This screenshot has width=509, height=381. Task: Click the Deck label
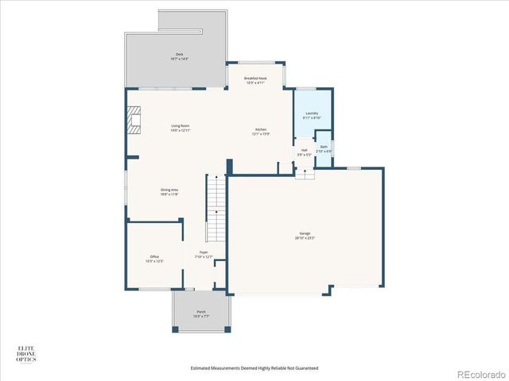click(180, 54)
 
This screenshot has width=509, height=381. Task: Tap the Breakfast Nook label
click(255, 79)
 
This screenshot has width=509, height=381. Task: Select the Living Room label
click(180, 126)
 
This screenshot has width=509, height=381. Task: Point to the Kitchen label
click(261, 129)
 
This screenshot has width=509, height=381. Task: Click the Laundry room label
click(312, 114)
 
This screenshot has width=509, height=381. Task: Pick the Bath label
click(324, 147)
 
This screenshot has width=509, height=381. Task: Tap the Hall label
click(304, 149)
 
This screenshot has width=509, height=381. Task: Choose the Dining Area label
click(169, 190)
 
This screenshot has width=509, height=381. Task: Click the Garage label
click(305, 233)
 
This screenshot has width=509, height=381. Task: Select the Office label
click(154, 256)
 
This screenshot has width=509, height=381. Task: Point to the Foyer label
click(204, 254)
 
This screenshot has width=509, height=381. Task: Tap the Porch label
click(201, 312)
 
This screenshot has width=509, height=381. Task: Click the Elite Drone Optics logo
click(28, 354)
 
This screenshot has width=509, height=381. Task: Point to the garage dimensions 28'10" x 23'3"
click(305, 237)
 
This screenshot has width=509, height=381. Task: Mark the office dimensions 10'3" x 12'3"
click(154, 260)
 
